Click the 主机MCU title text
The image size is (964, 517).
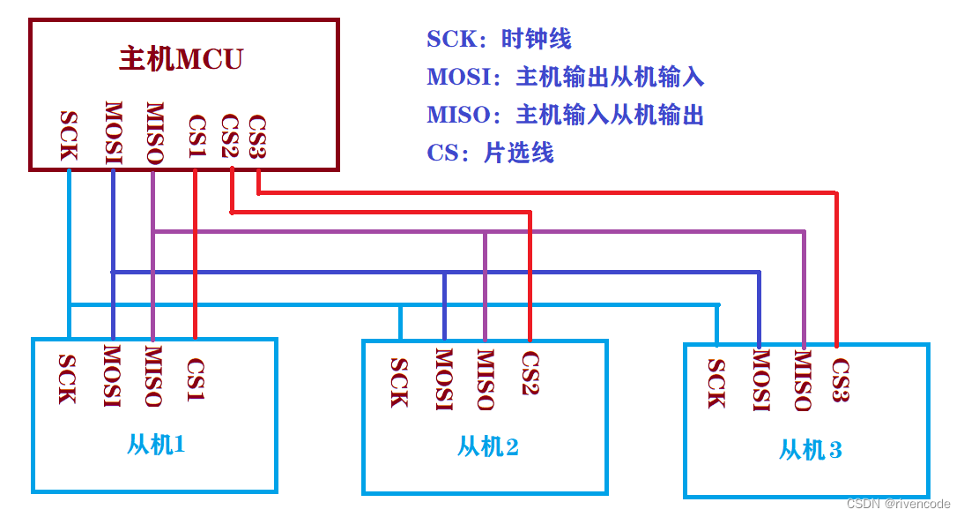181,59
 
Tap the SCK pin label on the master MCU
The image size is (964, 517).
69,135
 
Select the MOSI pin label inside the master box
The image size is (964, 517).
113,133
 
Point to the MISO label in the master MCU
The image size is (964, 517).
153,134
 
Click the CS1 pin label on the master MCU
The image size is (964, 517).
196,136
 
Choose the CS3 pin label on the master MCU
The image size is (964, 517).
257,136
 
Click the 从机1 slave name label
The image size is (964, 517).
156,444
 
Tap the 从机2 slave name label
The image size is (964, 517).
487,446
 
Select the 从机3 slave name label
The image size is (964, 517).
810,450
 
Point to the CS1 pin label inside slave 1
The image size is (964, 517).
196,379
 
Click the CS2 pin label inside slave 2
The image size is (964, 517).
530,373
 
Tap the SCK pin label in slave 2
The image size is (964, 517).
399,383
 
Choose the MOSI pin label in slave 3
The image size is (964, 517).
760,380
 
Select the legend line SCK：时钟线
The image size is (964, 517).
499,39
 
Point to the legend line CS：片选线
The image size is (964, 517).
490,153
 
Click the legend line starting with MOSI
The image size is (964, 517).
565,77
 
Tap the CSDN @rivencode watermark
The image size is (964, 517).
898,504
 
